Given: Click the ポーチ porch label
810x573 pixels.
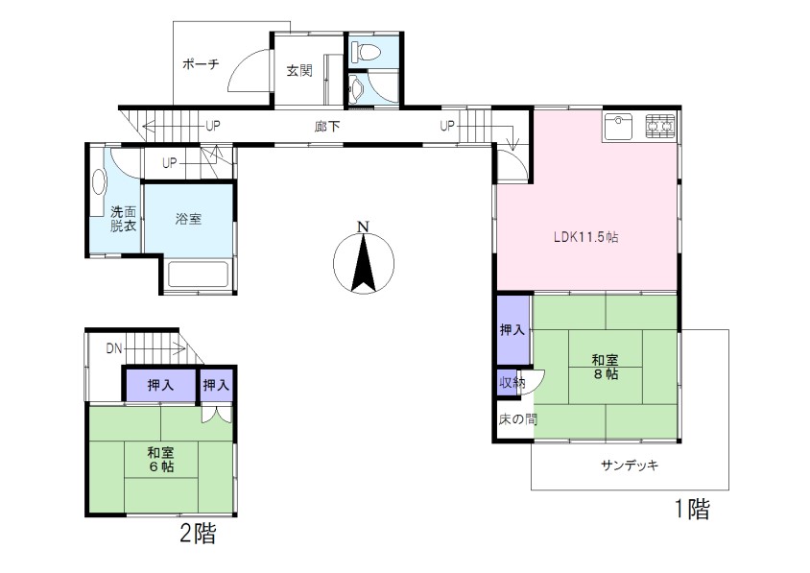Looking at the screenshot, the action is pyautogui.click(x=201, y=64).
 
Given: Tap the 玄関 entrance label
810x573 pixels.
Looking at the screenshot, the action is pyautogui.click(x=299, y=70).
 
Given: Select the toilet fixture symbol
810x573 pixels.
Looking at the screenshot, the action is pyautogui.click(x=366, y=52).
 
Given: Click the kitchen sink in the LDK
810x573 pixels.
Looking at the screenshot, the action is pyautogui.click(x=617, y=127).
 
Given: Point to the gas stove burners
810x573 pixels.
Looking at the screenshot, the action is pyautogui.click(x=660, y=127).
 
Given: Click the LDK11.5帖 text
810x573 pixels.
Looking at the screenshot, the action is pyautogui.click(x=585, y=237).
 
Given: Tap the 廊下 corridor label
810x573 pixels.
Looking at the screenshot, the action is pyautogui.click(x=327, y=126).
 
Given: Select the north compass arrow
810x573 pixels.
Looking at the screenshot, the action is pyautogui.click(x=364, y=263).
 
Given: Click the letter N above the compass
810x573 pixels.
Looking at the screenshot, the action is pyautogui.click(x=364, y=227).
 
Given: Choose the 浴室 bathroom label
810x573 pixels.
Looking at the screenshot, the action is pyautogui.click(x=188, y=219).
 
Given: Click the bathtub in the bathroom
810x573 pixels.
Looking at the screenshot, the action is pyautogui.click(x=198, y=275).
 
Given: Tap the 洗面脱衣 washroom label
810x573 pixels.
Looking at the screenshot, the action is pyautogui.click(x=123, y=219).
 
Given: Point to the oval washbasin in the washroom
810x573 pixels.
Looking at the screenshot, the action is pyautogui.click(x=98, y=182).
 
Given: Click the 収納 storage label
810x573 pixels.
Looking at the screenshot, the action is pyautogui.click(x=512, y=383).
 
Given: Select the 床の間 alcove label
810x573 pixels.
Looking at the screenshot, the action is pyautogui.click(x=517, y=419).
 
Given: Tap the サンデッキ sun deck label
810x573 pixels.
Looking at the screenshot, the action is pyautogui.click(x=630, y=466).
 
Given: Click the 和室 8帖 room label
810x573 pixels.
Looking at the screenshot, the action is pyautogui.click(x=605, y=367).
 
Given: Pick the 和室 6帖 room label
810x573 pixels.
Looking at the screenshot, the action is pyautogui.click(x=160, y=460).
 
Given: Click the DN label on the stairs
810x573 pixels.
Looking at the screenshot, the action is pyautogui.click(x=114, y=348).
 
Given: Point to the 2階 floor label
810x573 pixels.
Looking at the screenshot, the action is pyautogui.click(x=198, y=534).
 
